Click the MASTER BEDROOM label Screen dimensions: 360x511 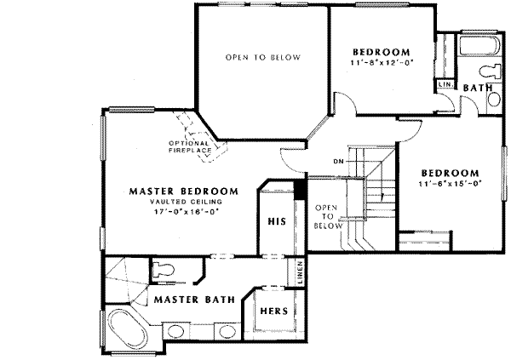click(x=183, y=191)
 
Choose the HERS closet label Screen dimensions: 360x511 click(x=273, y=311)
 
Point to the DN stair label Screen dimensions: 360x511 click(x=337, y=160)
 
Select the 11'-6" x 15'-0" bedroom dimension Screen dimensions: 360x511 click(x=451, y=181)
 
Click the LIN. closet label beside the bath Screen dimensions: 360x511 click(x=444, y=85)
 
